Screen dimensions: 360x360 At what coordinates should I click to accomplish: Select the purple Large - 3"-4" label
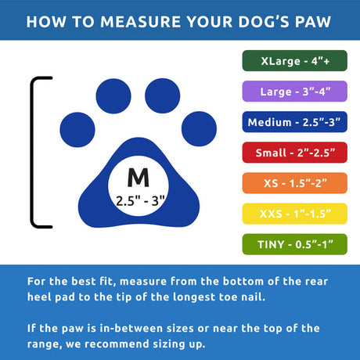point(294,92)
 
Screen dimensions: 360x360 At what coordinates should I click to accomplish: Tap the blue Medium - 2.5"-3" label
point(294,123)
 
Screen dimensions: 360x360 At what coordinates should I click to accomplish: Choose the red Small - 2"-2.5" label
point(294,153)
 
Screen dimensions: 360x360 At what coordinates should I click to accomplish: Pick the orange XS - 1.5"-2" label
point(294,184)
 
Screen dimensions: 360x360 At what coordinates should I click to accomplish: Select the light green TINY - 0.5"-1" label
point(294,245)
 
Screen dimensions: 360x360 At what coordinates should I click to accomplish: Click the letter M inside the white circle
point(139,176)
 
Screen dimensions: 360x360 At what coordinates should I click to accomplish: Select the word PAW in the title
point(313,20)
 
